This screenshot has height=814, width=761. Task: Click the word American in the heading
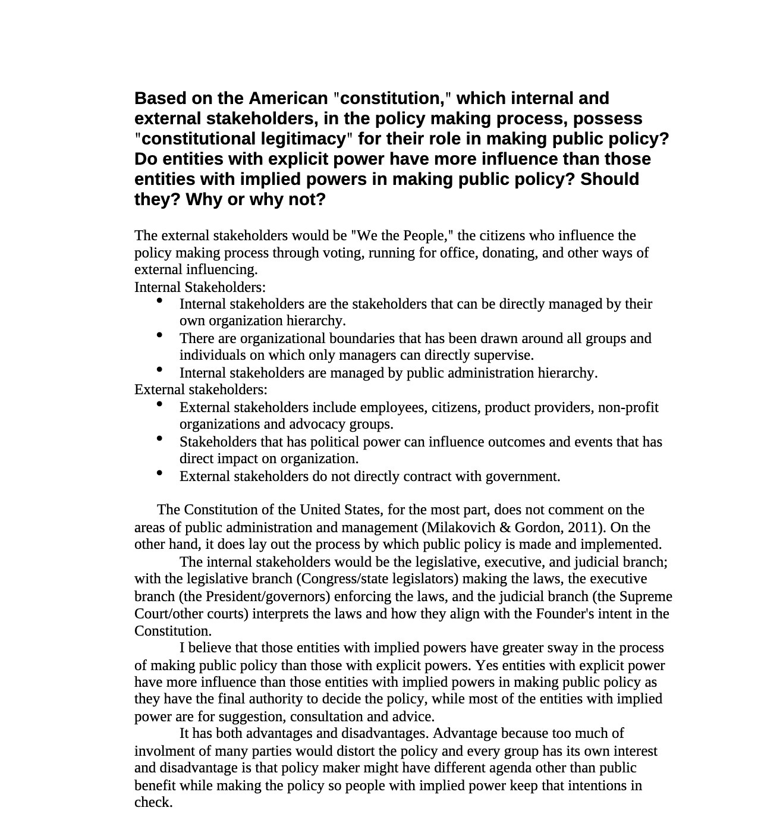point(288,98)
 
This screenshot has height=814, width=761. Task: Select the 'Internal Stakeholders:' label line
point(200,287)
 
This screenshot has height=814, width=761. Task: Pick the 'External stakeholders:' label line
point(200,389)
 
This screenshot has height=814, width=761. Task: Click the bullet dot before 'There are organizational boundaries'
point(159,335)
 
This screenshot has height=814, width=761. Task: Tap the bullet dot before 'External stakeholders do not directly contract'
point(159,473)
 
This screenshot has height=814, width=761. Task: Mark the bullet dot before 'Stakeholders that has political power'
point(159,439)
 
